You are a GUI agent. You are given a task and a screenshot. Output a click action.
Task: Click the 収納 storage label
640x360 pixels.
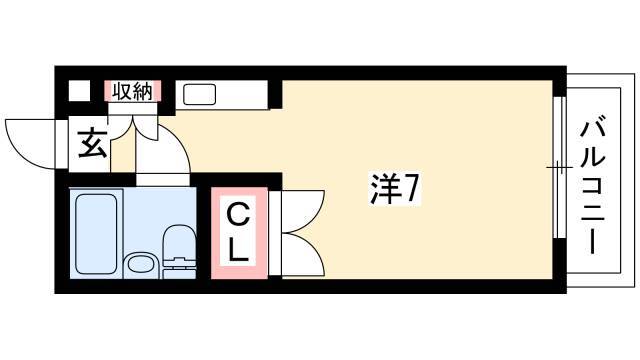pyautogui.click(x=132, y=91)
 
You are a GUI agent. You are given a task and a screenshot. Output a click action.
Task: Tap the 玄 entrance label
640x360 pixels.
pyautogui.click(x=93, y=143)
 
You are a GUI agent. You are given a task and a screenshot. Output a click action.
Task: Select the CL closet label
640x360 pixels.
pyautogui.click(x=238, y=233)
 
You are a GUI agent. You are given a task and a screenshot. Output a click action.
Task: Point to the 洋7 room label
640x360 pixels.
pyautogui.click(x=394, y=189)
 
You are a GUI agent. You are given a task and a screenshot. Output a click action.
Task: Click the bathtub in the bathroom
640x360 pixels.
pyautogui.click(x=96, y=233)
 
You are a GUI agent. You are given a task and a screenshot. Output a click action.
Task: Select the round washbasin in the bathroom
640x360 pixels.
pyautogui.click(x=141, y=264)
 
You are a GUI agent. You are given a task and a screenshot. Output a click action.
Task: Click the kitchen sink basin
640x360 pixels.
pyautogui.click(x=199, y=94)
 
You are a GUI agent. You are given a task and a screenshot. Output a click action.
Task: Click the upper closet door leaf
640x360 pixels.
pyautogui.click(x=303, y=211)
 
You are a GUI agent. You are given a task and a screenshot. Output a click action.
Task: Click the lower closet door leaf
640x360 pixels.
pyautogui.click(x=303, y=254)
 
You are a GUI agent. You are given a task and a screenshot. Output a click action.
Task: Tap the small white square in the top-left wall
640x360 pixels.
pyautogui.click(x=79, y=91)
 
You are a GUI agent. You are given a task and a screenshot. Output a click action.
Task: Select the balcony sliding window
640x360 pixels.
pyautogui.click(x=560, y=167)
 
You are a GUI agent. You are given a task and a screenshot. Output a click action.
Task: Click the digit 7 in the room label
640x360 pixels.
pyautogui.click(x=411, y=189)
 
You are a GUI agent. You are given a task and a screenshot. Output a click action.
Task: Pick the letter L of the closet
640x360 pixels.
pyautogui.click(x=238, y=251)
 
